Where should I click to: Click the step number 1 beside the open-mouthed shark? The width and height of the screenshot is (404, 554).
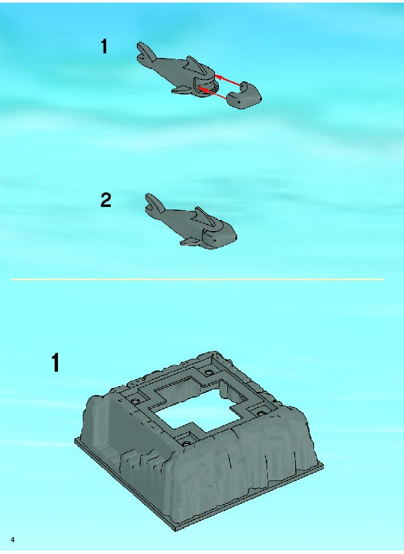pos(104,46)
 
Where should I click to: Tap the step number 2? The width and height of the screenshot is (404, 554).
pos(106,200)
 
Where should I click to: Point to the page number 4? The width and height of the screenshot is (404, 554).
pos(13,540)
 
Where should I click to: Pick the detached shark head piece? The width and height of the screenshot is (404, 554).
pos(244,95)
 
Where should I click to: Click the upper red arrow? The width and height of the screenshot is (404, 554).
pos(228,80)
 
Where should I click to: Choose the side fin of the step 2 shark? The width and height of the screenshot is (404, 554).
pos(189,242)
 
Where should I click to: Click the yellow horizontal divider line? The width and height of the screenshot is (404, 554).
pos(197,279)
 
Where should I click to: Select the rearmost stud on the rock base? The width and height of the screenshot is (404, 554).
pos(209,372)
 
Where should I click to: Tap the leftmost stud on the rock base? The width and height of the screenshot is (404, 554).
pos(135,401)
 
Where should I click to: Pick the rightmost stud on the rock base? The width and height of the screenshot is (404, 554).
pos(261,413)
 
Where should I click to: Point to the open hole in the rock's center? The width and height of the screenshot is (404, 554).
pos(197,410)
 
